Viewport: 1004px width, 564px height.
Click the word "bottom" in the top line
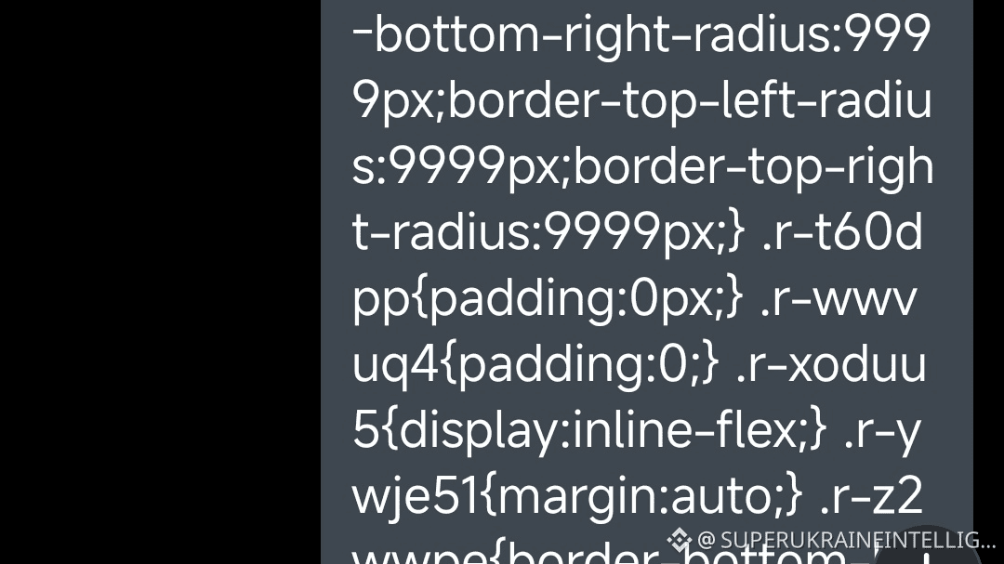[433, 35]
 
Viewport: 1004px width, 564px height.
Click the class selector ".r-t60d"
[842, 232]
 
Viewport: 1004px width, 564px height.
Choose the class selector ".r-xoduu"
[831, 365]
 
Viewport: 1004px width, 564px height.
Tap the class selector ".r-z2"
[871, 497]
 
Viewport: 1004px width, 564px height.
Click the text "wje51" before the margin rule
[415, 497]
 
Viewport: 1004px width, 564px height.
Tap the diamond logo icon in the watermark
[680, 539]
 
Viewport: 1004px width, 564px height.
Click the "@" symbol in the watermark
[706, 540]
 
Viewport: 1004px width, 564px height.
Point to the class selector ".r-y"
[882, 431]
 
